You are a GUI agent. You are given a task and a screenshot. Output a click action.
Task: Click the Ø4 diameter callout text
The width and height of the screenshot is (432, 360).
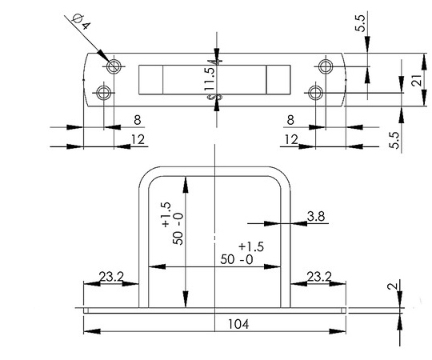coord(82,22)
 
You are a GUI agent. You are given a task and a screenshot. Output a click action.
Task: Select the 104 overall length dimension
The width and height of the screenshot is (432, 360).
coord(238,324)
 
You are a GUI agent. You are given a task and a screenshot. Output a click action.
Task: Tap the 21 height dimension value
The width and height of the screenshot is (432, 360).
coord(417,81)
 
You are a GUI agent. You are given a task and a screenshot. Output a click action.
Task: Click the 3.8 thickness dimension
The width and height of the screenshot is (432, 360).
coord(316,216)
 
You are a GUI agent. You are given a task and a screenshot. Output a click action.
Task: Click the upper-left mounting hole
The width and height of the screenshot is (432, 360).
coord(114,66)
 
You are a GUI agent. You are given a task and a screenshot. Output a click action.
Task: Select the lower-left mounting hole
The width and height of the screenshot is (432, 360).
coord(103,93)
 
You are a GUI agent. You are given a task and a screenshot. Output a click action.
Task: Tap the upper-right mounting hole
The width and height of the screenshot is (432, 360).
coord(326,66)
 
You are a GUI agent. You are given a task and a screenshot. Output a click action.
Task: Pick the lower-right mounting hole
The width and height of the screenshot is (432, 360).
coord(315,93)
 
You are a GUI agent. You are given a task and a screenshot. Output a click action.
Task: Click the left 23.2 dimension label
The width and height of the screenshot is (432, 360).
coord(111,276)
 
